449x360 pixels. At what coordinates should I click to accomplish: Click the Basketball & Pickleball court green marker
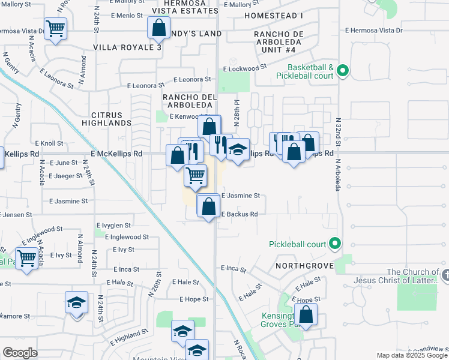point(343,72)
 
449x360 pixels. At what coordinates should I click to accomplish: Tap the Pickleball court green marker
point(336,244)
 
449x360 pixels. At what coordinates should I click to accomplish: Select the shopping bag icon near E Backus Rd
point(208,206)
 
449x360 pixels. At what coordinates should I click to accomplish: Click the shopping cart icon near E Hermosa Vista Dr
point(55,28)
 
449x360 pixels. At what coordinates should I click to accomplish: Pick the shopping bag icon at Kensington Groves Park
point(306,315)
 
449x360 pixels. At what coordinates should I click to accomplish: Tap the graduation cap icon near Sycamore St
point(77,302)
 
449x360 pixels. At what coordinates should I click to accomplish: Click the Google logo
point(20,353)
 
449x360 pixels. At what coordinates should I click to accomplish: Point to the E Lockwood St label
point(245,69)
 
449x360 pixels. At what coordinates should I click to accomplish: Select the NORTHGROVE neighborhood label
point(304,265)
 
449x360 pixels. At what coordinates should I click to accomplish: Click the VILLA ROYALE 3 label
point(127,47)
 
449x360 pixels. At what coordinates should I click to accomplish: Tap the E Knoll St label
point(49,143)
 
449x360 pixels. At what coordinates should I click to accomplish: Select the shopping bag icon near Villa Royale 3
point(158,28)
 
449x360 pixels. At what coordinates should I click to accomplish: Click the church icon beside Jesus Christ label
point(445,274)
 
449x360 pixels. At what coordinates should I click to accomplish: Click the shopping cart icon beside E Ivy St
point(26,258)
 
